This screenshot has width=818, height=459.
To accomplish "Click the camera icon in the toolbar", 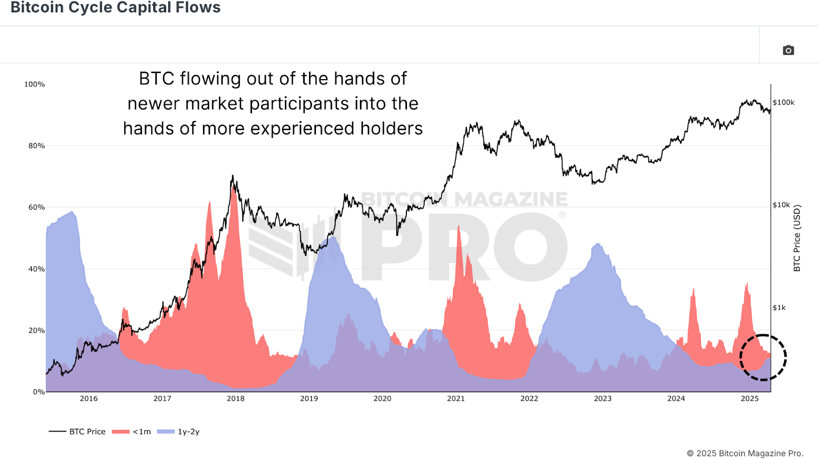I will [788, 50].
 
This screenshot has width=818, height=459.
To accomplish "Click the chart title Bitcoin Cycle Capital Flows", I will [116, 8].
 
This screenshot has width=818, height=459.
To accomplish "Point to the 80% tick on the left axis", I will [37, 146].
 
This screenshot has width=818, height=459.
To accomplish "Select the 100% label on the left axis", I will [34, 84].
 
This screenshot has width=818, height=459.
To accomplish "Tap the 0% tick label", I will [39, 392].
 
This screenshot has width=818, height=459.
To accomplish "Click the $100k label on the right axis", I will [783, 103].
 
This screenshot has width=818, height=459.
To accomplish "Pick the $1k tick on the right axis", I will [779, 308].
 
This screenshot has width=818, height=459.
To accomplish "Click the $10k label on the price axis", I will [781, 205].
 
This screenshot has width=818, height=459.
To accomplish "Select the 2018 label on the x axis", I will [236, 399].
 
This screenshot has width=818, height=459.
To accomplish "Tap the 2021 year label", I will [456, 399].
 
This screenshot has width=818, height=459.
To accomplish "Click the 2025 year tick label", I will [749, 399].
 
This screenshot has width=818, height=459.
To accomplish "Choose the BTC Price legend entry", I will [78, 431].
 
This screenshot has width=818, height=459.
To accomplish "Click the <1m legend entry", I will [132, 431].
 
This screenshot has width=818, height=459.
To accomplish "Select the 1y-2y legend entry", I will [179, 431].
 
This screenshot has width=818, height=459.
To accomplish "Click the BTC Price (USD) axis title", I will [797, 238].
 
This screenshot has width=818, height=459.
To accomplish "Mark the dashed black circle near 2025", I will [763, 357].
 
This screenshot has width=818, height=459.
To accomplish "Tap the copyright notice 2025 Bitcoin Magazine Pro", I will [745, 453].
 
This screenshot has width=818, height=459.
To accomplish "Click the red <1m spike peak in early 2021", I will [459, 226].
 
